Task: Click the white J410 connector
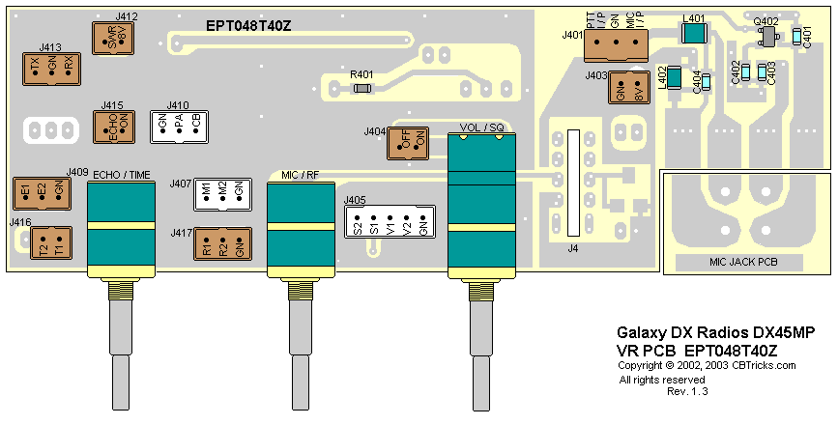click(180, 127)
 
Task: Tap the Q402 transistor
click(769, 37)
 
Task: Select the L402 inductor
click(675, 77)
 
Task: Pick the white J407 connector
click(222, 193)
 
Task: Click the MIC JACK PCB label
click(743, 262)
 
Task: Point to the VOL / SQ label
click(481, 127)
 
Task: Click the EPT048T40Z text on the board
click(248, 26)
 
